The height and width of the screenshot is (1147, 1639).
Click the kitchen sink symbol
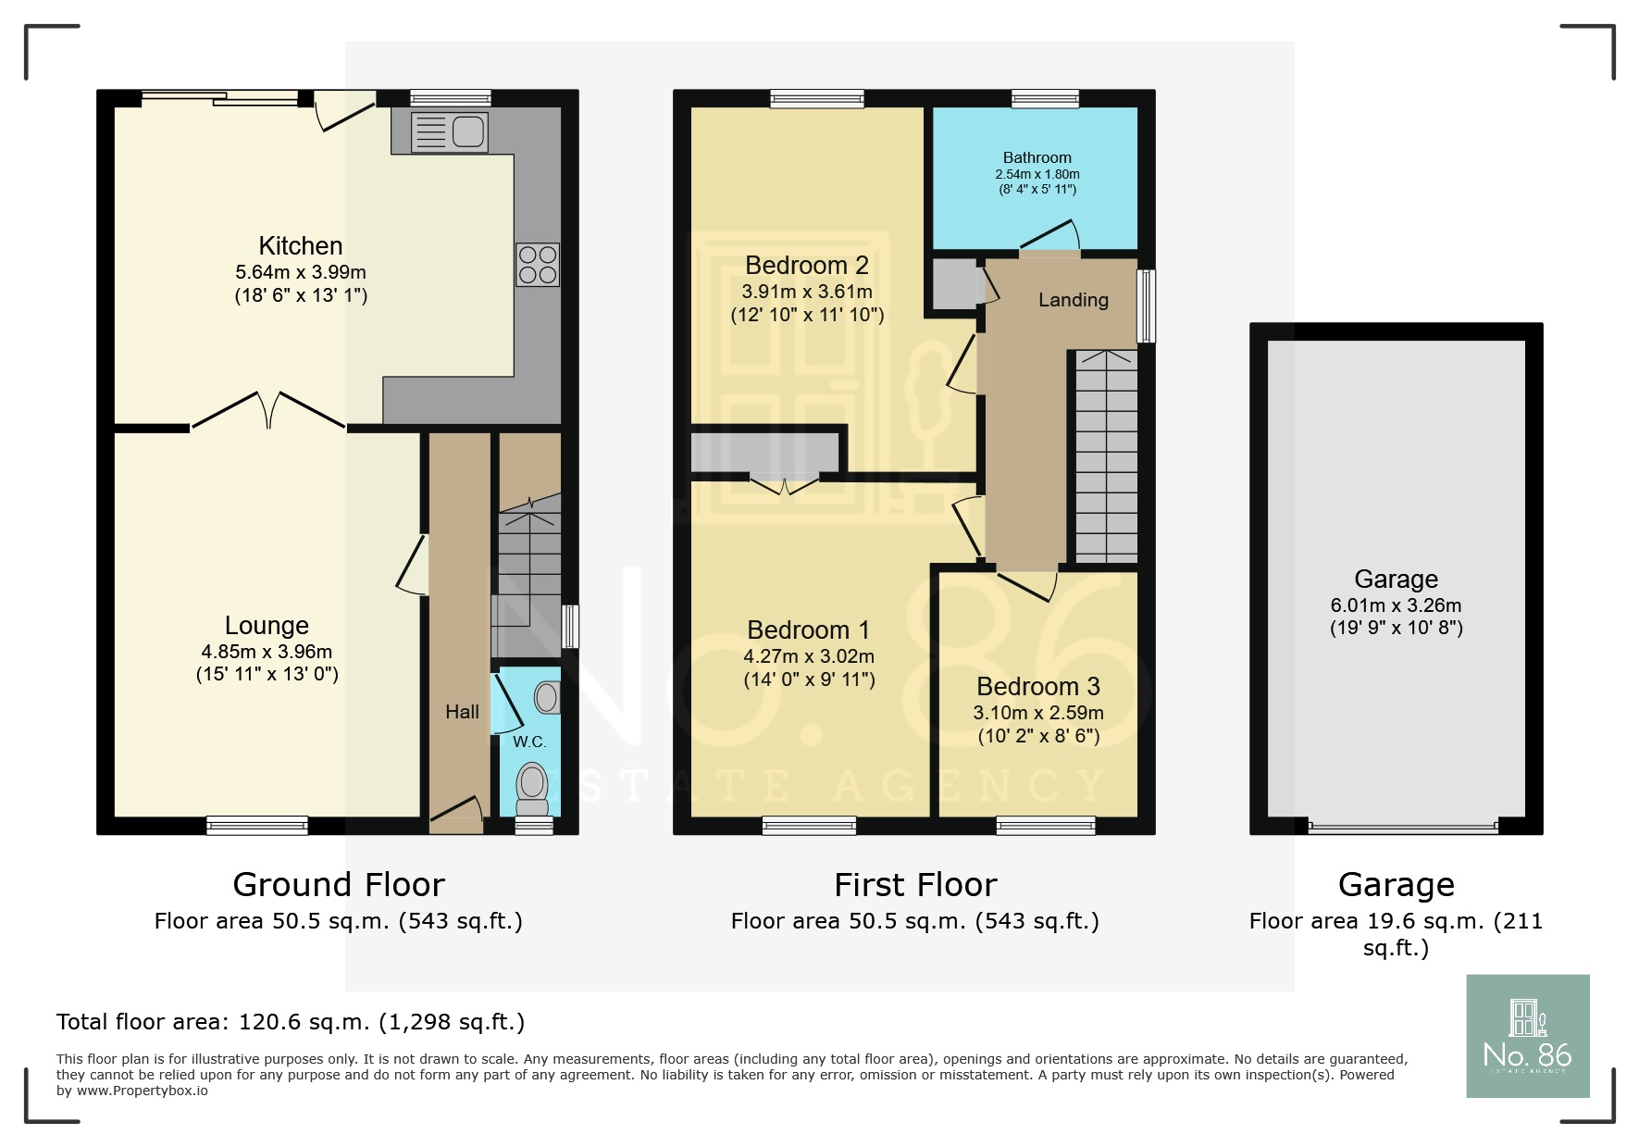coord(450,131)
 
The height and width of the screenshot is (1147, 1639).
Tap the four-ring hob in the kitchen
coord(537,264)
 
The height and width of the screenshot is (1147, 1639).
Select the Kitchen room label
coord(301,246)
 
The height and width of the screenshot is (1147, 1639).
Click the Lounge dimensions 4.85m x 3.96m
coord(267,652)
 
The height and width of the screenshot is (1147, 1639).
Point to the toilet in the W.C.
coord(532,783)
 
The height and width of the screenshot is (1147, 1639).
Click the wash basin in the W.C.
coord(547,697)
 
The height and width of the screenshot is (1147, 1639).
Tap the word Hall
coord(462,711)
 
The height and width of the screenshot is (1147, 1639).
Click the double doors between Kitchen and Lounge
coord(268,410)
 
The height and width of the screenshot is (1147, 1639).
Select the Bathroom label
coord(1037,157)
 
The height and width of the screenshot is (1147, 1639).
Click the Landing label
coord(1073,300)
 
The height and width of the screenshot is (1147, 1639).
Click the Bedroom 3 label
coord(1037,687)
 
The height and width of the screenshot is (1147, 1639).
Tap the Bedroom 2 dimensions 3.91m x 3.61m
coord(806,292)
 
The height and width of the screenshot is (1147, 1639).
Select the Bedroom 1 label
coord(808,630)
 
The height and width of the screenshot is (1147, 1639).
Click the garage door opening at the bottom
coord(1402,827)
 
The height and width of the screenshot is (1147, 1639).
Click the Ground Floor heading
coord(339,885)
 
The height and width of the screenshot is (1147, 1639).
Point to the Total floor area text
coord(290,1022)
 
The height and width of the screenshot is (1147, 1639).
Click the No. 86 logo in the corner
coord(1527,1036)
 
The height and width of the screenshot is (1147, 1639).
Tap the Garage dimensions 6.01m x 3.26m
coord(1396,605)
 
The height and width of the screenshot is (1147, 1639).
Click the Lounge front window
coord(256,825)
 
